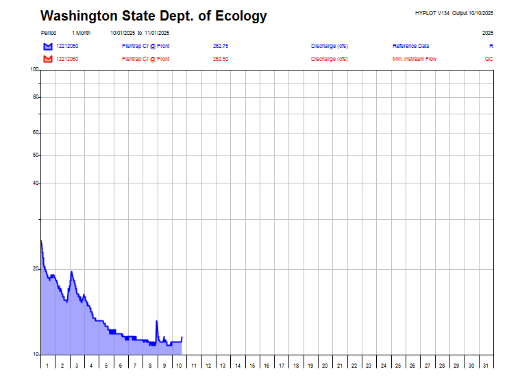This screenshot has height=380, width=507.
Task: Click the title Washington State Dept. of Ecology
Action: click(153, 16)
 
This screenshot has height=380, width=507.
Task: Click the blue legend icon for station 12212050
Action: click(47, 46)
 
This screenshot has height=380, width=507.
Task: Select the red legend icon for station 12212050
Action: click(47, 59)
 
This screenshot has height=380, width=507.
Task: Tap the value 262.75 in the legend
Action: click(221, 46)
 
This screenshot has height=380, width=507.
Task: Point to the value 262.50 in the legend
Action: click(221, 59)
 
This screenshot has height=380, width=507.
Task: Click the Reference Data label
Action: click(411, 46)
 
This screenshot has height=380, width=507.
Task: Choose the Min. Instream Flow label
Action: click(415, 59)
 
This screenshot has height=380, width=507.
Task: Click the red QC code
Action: click(489, 59)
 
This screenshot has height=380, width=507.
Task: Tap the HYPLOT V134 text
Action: click(432, 13)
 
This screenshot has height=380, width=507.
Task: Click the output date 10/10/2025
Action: click(481, 13)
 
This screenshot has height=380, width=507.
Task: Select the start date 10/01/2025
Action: click(122, 33)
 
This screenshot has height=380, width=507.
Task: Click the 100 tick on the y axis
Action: click(34, 70)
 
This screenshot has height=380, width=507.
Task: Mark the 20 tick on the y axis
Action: click(36, 269)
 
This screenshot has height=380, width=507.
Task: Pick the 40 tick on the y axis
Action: click(36, 183)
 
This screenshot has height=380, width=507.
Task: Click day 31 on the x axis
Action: click(486, 366)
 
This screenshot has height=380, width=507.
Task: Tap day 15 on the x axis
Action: click(252, 366)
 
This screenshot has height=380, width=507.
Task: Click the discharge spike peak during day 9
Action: click(157, 320)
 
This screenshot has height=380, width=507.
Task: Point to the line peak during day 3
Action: click(72, 272)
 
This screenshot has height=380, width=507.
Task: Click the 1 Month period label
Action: click(81, 33)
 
